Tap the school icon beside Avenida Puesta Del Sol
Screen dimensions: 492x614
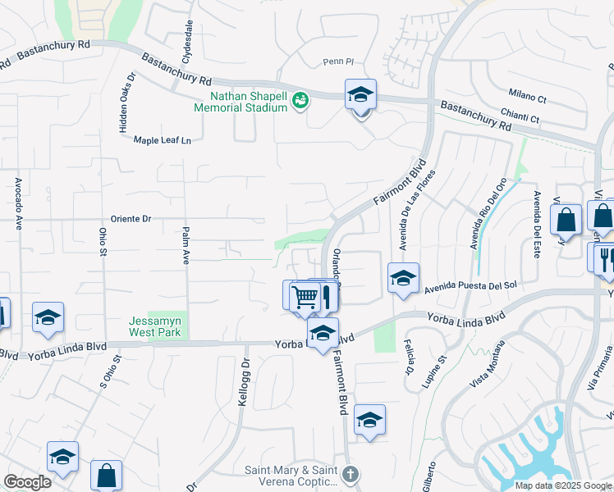click(403, 278)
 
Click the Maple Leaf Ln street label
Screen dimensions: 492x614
click(162, 140)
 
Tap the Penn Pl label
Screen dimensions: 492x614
click(337, 61)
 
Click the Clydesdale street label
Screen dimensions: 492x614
click(188, 43)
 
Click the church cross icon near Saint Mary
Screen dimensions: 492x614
click(351, 475)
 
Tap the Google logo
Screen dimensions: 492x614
click(27, 482)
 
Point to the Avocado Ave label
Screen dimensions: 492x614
click(17, 203)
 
